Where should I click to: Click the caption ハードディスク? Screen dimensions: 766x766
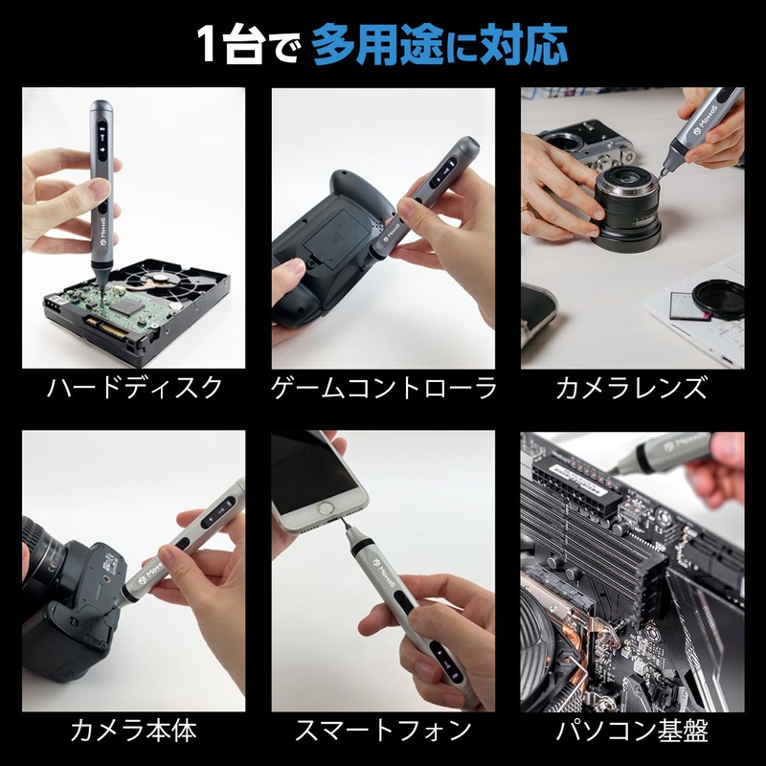(134, 388)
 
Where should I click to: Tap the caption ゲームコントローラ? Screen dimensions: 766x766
(384, 388)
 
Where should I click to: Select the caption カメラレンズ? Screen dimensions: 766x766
(632, 388)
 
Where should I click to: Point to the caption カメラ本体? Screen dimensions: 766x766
(133, 731)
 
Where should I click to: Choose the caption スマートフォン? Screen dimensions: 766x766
(384, 731)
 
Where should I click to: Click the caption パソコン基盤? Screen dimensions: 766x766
(632, 731)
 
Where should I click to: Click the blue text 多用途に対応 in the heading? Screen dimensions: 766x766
(439, 45)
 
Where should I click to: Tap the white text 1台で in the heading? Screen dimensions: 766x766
(247, 45)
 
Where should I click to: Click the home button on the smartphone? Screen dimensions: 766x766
(326, 508)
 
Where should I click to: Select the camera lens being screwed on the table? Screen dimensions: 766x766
(627, 209)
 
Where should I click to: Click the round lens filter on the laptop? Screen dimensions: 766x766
(718, 299)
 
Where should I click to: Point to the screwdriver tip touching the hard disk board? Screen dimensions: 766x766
(101, 291)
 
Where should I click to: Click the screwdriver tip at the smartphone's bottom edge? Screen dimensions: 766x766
(347, 523)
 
